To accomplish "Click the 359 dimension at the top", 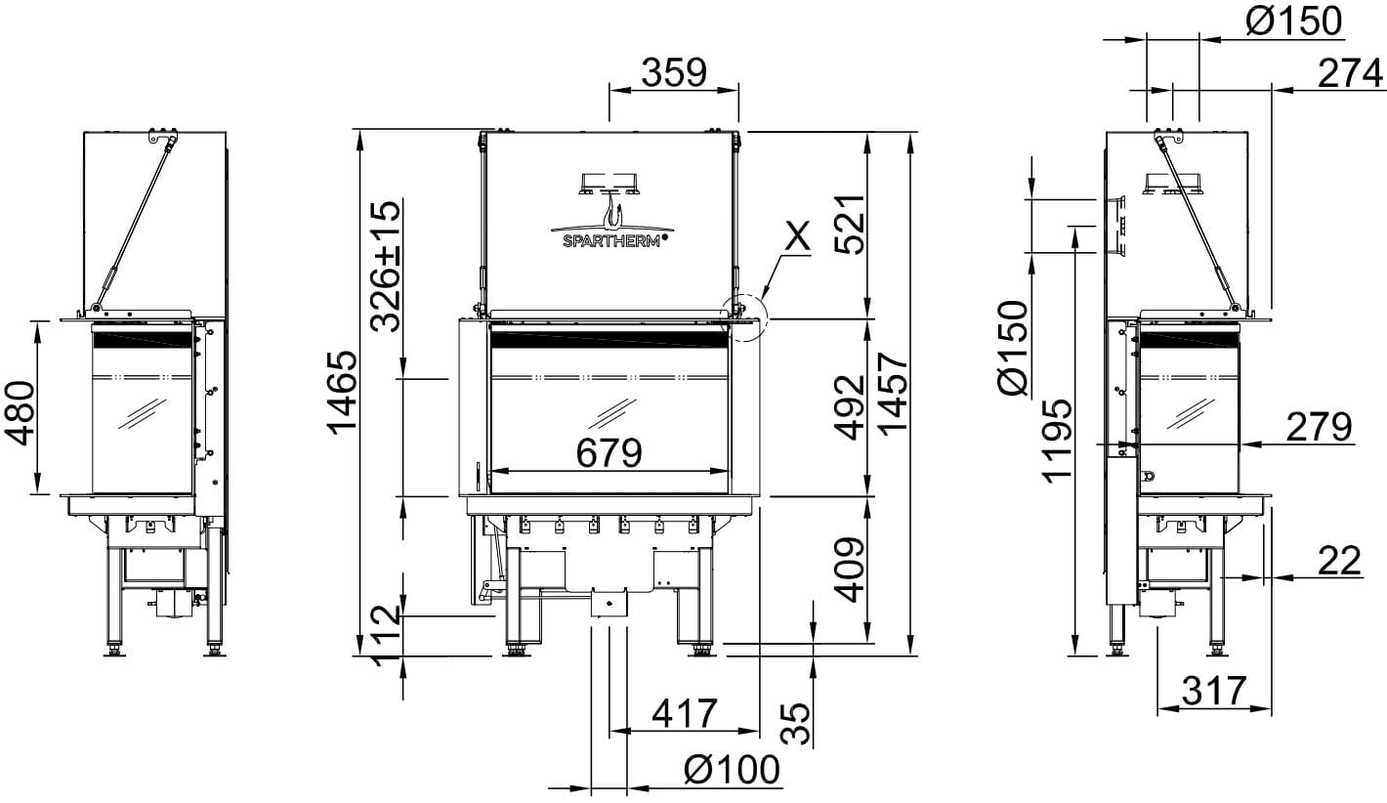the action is [674, 72].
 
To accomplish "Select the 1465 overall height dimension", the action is [342, 393].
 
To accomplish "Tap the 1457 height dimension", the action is [893, 394].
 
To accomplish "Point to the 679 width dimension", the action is [609, 453].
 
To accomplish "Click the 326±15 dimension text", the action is [385, 266].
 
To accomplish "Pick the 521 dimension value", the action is [850, 224].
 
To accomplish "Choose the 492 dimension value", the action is [850, 406].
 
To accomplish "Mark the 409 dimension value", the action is [850, 570].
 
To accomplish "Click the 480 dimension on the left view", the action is [20, 413].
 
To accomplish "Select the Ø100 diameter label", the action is [732, 770].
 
